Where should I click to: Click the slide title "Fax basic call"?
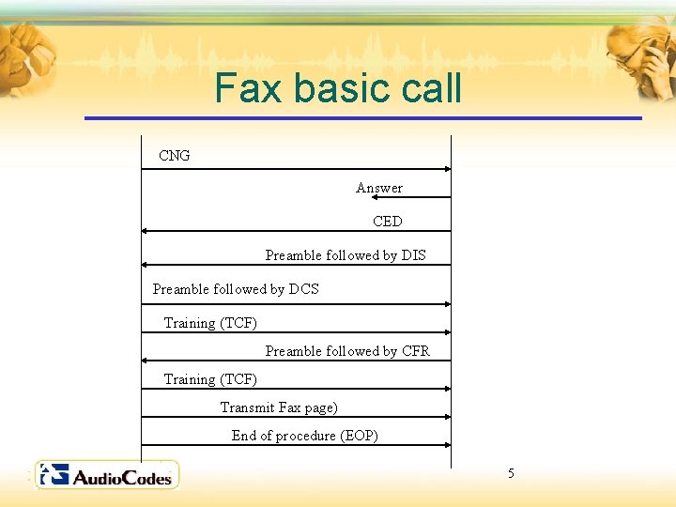pos(338,88)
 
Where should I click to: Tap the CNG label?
pos(175,156)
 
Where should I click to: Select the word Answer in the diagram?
pos(379,188)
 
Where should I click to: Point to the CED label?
pos(387,222)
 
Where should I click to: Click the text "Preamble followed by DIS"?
pos(346,255)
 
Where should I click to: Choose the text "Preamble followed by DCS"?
pos(236,289)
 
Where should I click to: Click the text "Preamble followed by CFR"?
pos(347,351)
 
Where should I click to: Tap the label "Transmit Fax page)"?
pos(279,407)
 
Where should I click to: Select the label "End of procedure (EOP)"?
pos(305,436)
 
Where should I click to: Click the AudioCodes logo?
pos(107,475)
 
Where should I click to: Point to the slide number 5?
pos(511,473)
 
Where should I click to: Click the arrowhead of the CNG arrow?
pos(447,169)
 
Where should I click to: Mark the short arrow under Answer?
pos(427,198)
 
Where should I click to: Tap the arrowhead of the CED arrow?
pos(146,231)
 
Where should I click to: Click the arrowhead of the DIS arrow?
pos(146,265)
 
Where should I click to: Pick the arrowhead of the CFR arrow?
pos(146,361)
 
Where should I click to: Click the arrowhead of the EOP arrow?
pos(447,445)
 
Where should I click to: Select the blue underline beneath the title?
pos(362,118)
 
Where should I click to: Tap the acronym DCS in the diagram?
pos(303,289)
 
